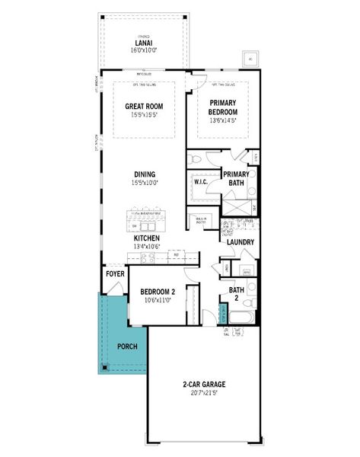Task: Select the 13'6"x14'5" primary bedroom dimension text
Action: [223, 120]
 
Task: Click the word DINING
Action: [144, 174]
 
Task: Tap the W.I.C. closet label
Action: [202, 182]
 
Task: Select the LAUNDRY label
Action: [240, 242]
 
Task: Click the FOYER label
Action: [115, 273]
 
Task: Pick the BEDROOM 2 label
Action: [158, 292]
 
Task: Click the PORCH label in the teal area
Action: [126, 347]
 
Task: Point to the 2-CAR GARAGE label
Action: [204, 384]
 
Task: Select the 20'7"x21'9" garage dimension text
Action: [204, 393]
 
